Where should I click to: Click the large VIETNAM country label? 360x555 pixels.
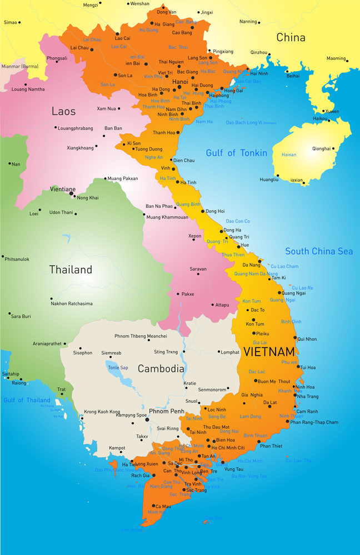point(268,352)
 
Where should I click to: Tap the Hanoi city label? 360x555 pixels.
point(181,82)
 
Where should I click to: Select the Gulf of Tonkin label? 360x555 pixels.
point(236,153)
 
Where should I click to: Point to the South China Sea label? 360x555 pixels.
point(319,251)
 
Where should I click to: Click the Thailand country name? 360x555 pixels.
point(71,270)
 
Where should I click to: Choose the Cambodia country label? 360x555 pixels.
point(161,368)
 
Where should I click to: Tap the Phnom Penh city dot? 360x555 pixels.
point(147,419)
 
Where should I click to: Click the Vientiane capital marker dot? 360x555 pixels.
point(71,194)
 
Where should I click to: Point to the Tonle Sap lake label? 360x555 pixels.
point(118,368)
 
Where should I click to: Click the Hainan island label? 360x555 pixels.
point(289,155)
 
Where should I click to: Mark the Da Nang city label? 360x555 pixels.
point(251,265)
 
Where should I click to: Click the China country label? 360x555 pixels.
point(291,38)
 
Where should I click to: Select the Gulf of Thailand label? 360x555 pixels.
point(27,400)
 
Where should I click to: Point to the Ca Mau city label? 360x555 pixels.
point(163,506)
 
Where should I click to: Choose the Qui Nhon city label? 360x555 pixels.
point(307,339)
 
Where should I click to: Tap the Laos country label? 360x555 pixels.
point(63,111)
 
